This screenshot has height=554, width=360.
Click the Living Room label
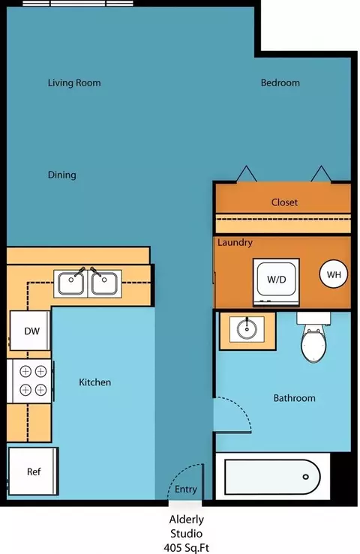point(74,83)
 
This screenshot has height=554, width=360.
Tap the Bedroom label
point(280,82)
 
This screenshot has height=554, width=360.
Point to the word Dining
point(62,175)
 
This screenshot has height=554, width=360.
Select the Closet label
point(284,202)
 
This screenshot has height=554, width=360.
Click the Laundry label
point(235,243)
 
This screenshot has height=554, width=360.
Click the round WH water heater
point(334,274)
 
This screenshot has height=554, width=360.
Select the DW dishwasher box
point(30,331)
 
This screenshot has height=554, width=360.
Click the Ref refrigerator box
point(33,472)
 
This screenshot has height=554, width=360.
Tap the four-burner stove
point(31,381)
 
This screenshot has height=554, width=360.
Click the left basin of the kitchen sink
point(71,283)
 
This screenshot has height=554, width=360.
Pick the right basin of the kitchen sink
point(104,283)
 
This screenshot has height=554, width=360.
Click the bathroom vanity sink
point(247,329)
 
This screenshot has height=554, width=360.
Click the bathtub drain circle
point(305,477)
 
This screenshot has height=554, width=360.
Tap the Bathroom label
point(294,398)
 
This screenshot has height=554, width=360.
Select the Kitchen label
point(94,382)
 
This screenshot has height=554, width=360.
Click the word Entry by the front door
point(186,490)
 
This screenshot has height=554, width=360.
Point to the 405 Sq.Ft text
point(186,548)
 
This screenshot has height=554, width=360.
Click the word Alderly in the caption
point(186,520)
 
